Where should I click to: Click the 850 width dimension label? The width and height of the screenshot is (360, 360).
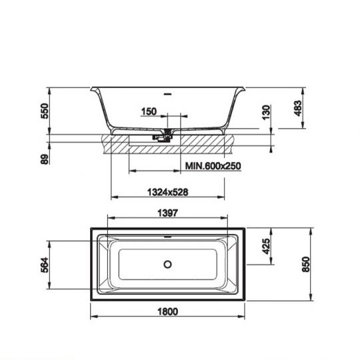(306, 265)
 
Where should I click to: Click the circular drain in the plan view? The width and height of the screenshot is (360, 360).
(167, 264)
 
